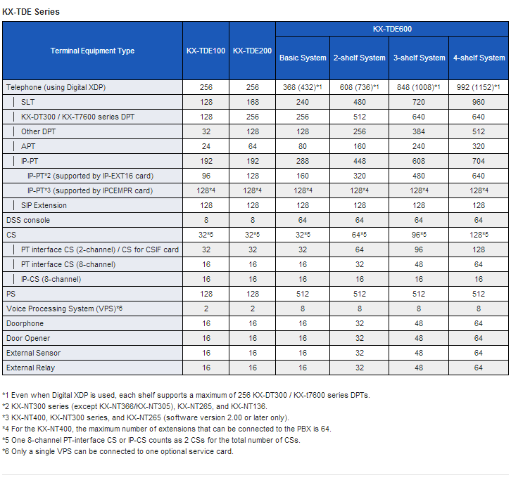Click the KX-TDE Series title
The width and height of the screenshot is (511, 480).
pyautogui.click(x=31, y=12)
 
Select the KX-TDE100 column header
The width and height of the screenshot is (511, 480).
pyautogui.click(x=206, y=51)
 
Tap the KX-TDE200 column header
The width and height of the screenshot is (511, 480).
pyautogui.click(x=252, y=51)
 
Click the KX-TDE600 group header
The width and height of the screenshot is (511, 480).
pyautogui.click(x=392, y=29)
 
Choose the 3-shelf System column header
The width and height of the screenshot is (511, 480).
pyautogui.click(x=419, y=58)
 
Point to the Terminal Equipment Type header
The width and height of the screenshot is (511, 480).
pyautogui.click(x=92, y=51)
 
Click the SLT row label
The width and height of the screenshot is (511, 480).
pyautogui.click(x=27, y=102)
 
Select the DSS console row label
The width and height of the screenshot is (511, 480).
pyautogui.click(x=28, y=220)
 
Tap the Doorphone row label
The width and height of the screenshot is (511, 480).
pyautogui.click(x=25, y=323)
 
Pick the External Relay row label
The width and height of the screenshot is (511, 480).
pyautogui.click(x=31, y=368)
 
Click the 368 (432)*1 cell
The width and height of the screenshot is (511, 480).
pyautogui.click(x=303, y=87)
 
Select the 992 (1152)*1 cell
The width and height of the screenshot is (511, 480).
pyautogui.click(x=479, y=87)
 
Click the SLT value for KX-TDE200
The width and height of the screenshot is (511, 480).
pyautogui.click(x=253, y=102)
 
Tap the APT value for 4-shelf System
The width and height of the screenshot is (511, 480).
pyautogui.click(x=479, y=146)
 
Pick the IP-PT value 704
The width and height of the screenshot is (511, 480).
pyautogui.click(x=479, y=161)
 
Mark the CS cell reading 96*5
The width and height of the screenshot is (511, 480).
pyautogui.click(x=419, y=235)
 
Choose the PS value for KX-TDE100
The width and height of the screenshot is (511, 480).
pyautogui.click(x=206, y=294)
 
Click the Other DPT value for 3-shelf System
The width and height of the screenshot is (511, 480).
pyautogui.click(x=419, y=131)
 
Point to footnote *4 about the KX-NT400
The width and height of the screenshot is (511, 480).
pyautogui.click(x=167, y=429)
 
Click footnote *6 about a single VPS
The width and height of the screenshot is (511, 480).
pyautogui.click(x=118, y=451)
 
